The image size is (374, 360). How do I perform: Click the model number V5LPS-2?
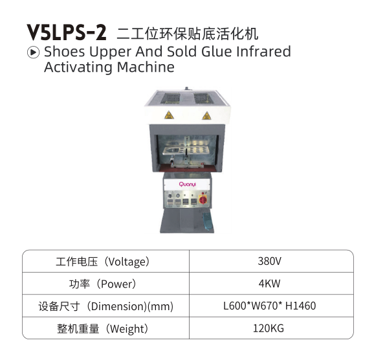pos(66,32)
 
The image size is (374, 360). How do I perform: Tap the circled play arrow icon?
pos(33,52)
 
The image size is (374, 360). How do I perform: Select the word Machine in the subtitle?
pos(146,67)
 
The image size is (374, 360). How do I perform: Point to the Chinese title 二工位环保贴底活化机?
pos(188,34)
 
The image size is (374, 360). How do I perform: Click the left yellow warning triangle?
pos(169,115)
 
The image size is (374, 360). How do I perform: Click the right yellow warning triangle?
pos(206,115)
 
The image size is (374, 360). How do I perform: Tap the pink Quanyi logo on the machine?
pos(187,185)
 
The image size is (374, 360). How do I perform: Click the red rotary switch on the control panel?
pos(203,200)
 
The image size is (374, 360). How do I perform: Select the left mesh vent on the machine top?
pos(171,98)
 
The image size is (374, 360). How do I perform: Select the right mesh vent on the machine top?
pos(202,98)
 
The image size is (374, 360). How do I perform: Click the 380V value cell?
pos(270,261)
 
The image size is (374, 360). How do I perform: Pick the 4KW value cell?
pos(270,284)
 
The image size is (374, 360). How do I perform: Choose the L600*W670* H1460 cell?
pos(270,306)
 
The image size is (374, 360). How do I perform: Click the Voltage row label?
pos(104,262)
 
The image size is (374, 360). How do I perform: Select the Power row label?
pos(104,284)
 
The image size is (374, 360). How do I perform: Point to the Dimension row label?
pos(106,306)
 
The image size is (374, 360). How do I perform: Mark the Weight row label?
pos(104,329)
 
